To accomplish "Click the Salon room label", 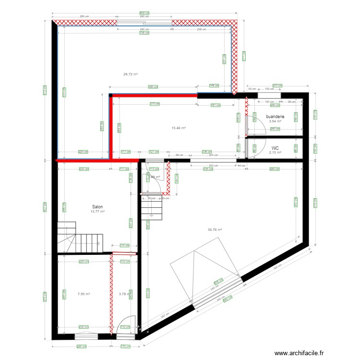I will (x=97, y=207).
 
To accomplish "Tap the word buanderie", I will (x=275, y=117).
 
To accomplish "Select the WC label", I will (x=275, y=148).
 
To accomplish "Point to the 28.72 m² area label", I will (x=131, y=74).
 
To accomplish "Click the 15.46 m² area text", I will (x=179, y=128).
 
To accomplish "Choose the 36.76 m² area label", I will (x=215, y=230).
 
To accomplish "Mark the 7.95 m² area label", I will (x=84, y=294).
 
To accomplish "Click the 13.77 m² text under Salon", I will (x=97, y=212).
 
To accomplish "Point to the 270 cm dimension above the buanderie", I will (x=276, y=85).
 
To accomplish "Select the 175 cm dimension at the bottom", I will (x=126, y=346).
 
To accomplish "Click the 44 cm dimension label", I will (x=240, y=166).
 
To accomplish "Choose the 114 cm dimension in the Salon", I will (x=124, y=245).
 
